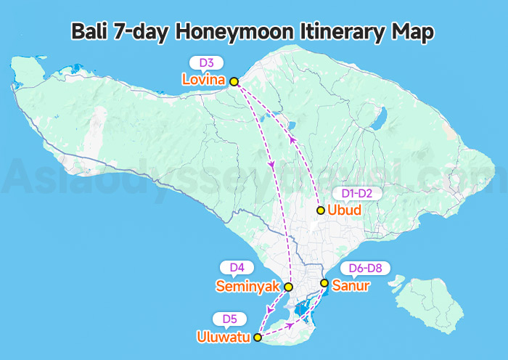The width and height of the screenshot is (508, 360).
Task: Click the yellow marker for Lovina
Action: [234, 82]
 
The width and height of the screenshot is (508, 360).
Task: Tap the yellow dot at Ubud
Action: [321, 210]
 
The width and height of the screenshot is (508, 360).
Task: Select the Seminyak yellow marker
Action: [289, 287]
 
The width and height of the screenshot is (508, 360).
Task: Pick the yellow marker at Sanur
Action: [324, 283]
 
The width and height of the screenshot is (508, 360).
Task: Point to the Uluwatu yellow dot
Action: [257, 337]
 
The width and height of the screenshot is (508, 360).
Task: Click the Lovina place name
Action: [204, 78]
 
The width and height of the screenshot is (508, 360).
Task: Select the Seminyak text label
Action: [247, 287]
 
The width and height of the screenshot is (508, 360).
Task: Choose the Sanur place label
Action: [351, 285]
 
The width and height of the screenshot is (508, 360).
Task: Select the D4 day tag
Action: [237, 268]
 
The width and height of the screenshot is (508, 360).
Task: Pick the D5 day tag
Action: [230, 319]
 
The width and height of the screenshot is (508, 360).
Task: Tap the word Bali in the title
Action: [89, 32]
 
